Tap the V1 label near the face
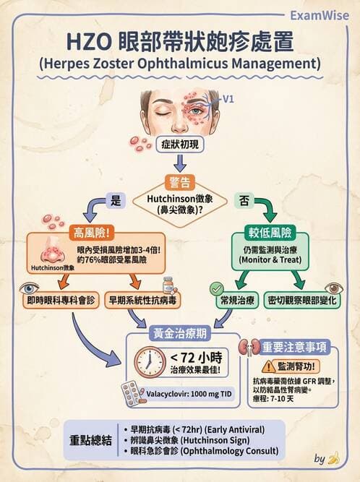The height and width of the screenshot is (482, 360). click(x=227, y=99)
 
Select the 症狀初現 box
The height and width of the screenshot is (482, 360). click(x=179, y=145)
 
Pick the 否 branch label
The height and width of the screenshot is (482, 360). click(x=247, y=199)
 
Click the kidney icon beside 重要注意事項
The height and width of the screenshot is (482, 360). click(x=253, y=346)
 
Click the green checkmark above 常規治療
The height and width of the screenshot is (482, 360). click(x=215, y=288)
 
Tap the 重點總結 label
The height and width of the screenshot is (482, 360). click(x=90, y=440)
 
